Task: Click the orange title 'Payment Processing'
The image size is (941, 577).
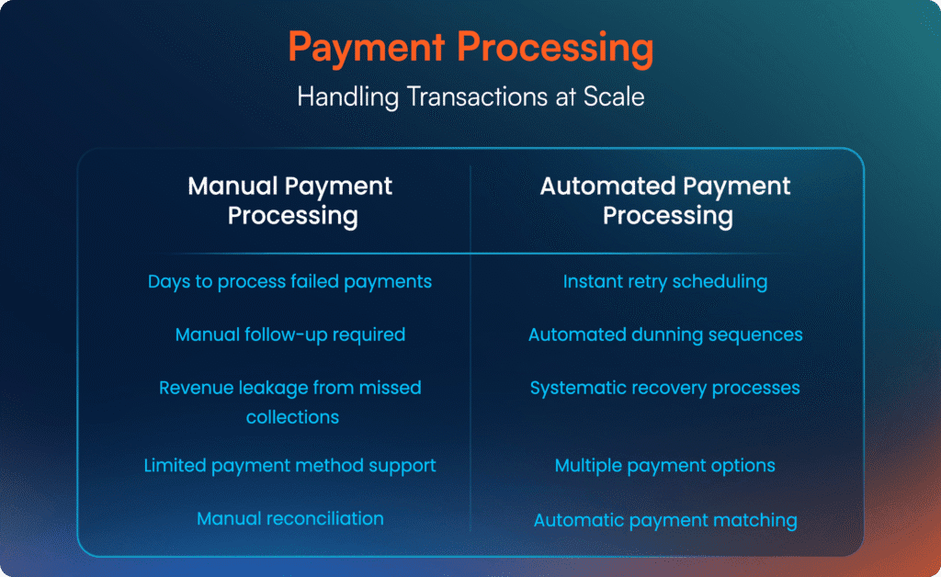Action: coord(470,47)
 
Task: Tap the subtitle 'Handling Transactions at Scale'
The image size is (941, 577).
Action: coord(470,96)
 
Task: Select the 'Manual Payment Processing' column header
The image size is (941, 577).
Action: coord(290,200)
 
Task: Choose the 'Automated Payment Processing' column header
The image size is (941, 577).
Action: coord(665,200)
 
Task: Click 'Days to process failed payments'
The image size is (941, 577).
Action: coord(289,282)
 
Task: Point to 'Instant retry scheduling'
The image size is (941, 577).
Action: coord(665,282)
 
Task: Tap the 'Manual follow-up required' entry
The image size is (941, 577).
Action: coord(289,334)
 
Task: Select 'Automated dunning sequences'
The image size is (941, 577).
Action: coord(665,334)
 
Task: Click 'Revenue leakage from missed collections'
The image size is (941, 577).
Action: coord(290,402)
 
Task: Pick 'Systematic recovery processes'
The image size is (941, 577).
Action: coord(665,388)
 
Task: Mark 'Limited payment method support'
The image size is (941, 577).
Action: coord(289,466)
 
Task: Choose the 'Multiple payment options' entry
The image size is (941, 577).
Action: coord(665,466)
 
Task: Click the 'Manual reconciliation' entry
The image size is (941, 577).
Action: coord(289,518)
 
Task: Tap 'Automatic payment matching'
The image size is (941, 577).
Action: coord(665,520)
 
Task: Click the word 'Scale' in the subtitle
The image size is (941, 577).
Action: coord(614,96)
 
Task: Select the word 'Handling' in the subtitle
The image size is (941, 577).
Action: coord(348,97)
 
